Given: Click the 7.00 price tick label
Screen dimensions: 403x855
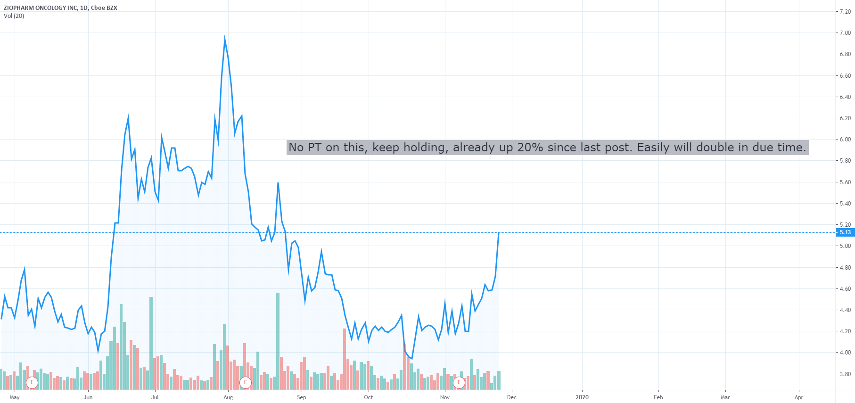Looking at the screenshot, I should pyautogui.click(x=845, y=33).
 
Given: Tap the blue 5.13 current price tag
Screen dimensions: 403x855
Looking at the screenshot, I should pyautogui.click(x=845, y=232).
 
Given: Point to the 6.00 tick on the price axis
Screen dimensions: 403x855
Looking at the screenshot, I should pyautogui.click(x=845, y=140).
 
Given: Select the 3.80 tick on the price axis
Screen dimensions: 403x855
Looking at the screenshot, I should pyautogui.click(x=845, y=374).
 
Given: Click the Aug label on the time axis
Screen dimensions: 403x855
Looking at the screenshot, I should pyautogui.click(x=228, y=397).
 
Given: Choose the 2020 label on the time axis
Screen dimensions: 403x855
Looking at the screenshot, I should pyautogui.click(x=582, y=397).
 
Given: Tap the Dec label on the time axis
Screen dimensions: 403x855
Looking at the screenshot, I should pyautogui.click(x=511, y=397).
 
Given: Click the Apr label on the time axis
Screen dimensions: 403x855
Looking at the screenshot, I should pyautogui.click(x=798, y=397).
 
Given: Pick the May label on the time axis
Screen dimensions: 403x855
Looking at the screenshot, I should pyautogui.click(x=15, y=397).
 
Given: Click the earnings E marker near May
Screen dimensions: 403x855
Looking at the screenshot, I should pyautogui.click(x=32, y=382).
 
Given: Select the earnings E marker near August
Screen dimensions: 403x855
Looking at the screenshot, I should pyautogui.click(x=246, y=382).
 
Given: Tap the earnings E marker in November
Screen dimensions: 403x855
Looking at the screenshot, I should pyautogui.click(x=459, y=382).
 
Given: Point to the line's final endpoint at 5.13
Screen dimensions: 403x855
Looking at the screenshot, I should pyautogui.click(x=499, y=233).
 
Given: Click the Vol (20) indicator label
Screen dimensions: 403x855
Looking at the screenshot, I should pyautogui.click(x=14, y=16).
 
